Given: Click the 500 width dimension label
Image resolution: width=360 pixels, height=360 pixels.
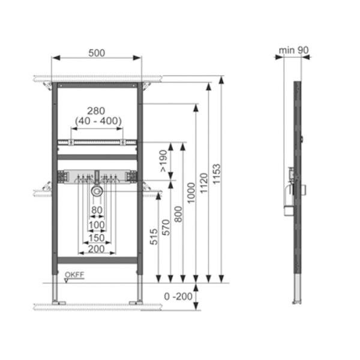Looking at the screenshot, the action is pos(97,53).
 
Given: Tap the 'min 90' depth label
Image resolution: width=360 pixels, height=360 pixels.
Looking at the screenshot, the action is pos(293,50).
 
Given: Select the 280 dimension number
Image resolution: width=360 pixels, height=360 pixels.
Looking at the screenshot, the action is pos(96,111).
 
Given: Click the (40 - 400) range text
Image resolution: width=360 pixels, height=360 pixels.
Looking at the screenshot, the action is pos(98,121).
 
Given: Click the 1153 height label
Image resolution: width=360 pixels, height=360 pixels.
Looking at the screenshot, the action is pos(216,174).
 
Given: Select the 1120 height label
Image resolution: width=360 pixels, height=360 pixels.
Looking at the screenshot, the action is pos(203,183).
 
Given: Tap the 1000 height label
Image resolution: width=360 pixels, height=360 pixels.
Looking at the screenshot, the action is pos(191,193).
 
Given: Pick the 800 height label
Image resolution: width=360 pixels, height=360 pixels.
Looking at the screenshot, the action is pos(178,214).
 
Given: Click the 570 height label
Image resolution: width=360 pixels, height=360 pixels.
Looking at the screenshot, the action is pos(166,227).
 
